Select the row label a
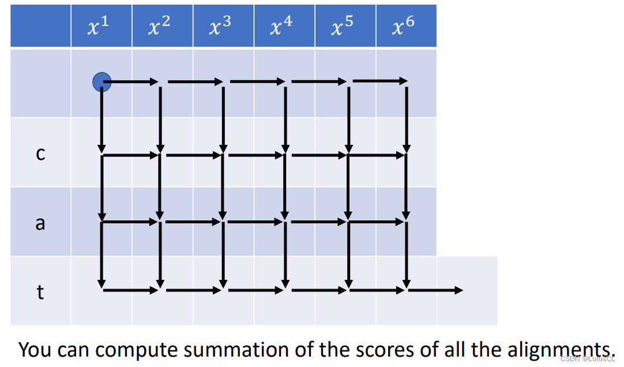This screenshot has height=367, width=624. point(40,223)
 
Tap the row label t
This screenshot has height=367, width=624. point(40,292)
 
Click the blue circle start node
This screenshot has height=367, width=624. point(102,82)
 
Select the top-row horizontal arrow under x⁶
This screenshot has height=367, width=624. point(379,80)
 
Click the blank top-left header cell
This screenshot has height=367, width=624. point(40,26)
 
